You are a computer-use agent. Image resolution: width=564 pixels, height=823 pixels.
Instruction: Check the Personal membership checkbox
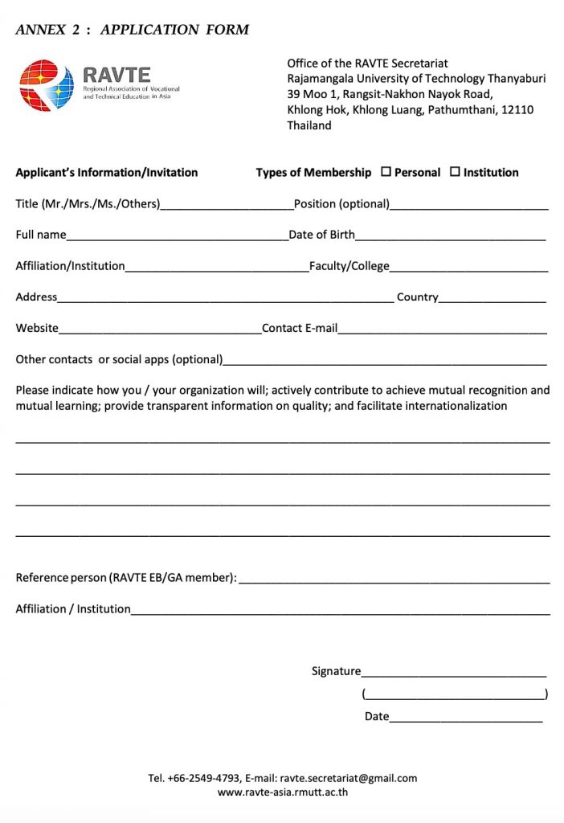[386, 172]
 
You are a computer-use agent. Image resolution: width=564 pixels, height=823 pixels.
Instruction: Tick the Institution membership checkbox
[455, 172]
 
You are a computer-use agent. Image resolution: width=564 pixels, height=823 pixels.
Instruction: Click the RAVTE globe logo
[47, 85]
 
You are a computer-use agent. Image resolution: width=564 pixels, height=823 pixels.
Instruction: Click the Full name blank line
[177, 236]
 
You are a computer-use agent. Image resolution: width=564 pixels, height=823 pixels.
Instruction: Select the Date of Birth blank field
[450, 236]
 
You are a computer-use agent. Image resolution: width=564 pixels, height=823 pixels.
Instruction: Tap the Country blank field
[492, 298]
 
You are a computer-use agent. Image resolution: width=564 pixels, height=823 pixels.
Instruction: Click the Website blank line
[160, 330]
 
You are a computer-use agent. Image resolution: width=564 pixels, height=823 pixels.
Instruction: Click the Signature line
[453, 673]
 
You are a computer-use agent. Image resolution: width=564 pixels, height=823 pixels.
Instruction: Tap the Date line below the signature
[466, 718]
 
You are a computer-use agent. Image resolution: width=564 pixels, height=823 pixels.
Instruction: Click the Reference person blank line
[394, 579]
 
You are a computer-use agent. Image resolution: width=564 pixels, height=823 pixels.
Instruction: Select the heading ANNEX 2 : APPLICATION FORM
[133, 30]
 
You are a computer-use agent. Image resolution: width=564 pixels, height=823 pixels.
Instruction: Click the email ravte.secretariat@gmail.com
[349, 778]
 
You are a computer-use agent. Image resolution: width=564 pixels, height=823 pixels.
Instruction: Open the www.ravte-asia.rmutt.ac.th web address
[282, 792]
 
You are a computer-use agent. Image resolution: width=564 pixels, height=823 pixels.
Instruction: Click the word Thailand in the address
[309, 125]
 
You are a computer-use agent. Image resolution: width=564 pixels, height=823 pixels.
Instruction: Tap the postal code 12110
[517, 109]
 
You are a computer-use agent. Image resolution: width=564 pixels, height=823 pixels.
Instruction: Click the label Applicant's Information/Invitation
[107, 172]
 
